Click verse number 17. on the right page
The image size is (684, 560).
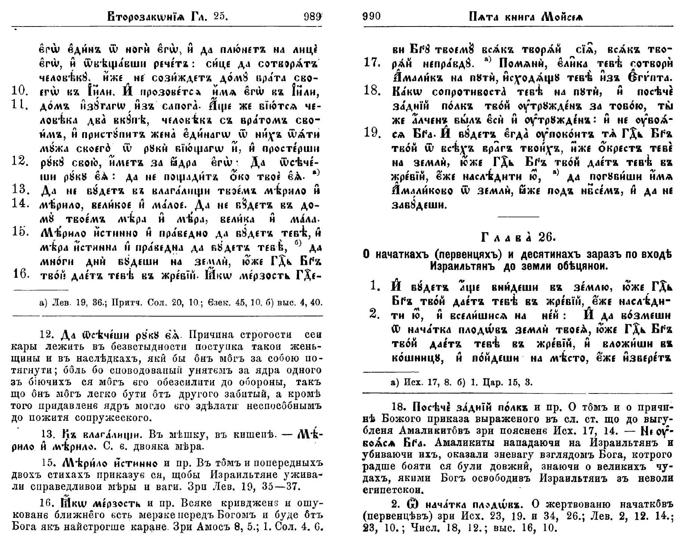(372, 63)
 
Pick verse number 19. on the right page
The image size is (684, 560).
(372, 133)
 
